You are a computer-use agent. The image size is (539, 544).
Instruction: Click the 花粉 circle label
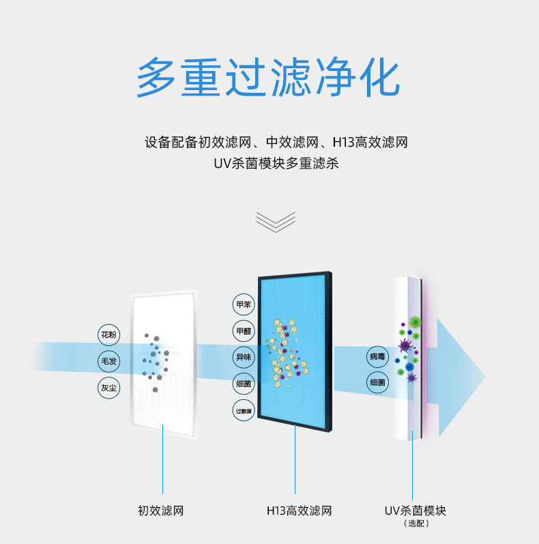(108, 335)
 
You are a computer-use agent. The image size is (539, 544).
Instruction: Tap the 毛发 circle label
(108, 361)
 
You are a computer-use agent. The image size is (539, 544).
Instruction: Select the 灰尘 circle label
(108, 388)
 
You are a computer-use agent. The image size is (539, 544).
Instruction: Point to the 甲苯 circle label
(244, 304)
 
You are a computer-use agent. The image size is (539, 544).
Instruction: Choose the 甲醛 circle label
(244, 331)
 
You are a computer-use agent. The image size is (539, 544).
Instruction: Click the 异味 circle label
(244, 357)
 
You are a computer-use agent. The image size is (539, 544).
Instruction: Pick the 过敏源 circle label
(244, 411)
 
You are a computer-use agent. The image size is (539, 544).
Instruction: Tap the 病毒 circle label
(377, 357)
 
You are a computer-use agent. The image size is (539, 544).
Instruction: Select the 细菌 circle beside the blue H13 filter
(244, 384)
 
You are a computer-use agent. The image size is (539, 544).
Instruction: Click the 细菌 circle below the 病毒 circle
(377, 382)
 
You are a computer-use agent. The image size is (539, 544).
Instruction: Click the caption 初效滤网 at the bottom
(160, 511)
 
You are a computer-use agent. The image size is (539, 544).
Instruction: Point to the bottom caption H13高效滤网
(299, 511)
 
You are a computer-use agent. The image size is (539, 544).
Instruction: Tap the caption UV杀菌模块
(416, 511)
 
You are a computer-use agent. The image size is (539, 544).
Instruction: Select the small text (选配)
(416, 524)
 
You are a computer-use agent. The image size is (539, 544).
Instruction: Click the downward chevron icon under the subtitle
(276, 222)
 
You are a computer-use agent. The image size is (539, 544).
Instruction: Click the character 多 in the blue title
(156, 78)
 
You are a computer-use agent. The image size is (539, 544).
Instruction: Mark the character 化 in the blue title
(379, 78)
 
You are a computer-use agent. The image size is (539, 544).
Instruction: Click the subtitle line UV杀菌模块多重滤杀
(276, 163)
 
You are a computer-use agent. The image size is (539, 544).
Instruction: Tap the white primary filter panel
(164, 364)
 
